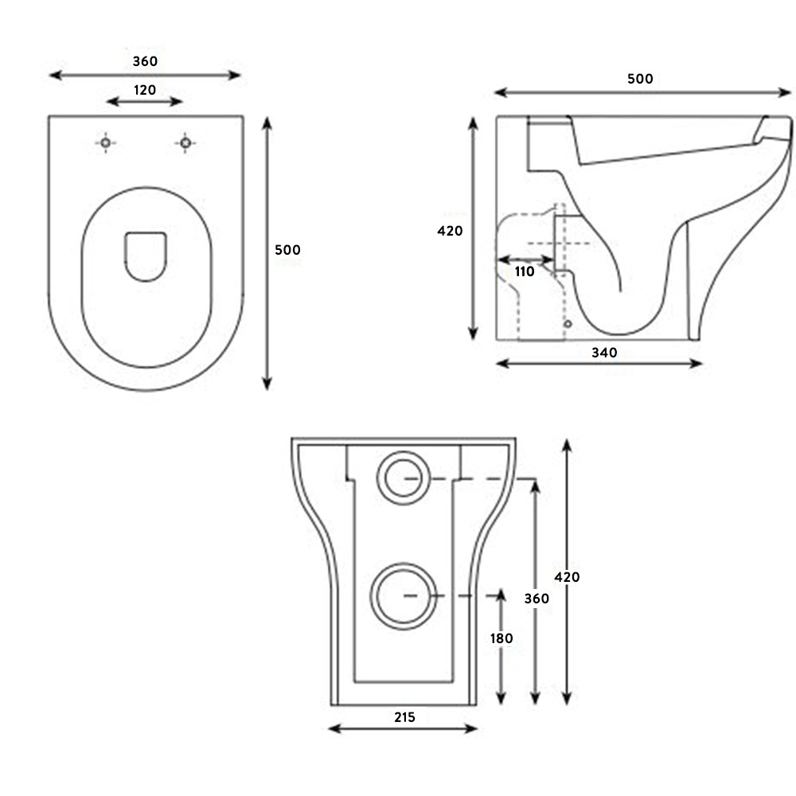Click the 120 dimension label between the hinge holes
(x=144, y=90)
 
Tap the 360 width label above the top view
(x=144, y=61)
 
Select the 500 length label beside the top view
(x=287, y=250)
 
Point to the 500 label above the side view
(x=640, y=79)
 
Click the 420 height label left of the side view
(x=451, y=232)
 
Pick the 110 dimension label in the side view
(x=525, y=272)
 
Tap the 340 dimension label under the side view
(x=604, y=353)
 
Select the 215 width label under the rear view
(x=404, y=717)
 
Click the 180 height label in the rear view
(x=501, y=638)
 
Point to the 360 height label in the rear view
(x=537, y=599)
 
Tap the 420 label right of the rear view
(x=567, y=577)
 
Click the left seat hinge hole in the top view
(x=105, y=142)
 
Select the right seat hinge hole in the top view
(x=185, y=142)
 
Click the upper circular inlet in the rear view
(x=405, y=478)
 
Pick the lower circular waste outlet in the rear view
(x=405, y=596)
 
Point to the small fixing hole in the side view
(x=567, y=325)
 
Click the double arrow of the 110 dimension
(x=525, y=259)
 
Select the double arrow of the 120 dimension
(x=144, y=101)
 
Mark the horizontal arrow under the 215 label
(x=404, y=728)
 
